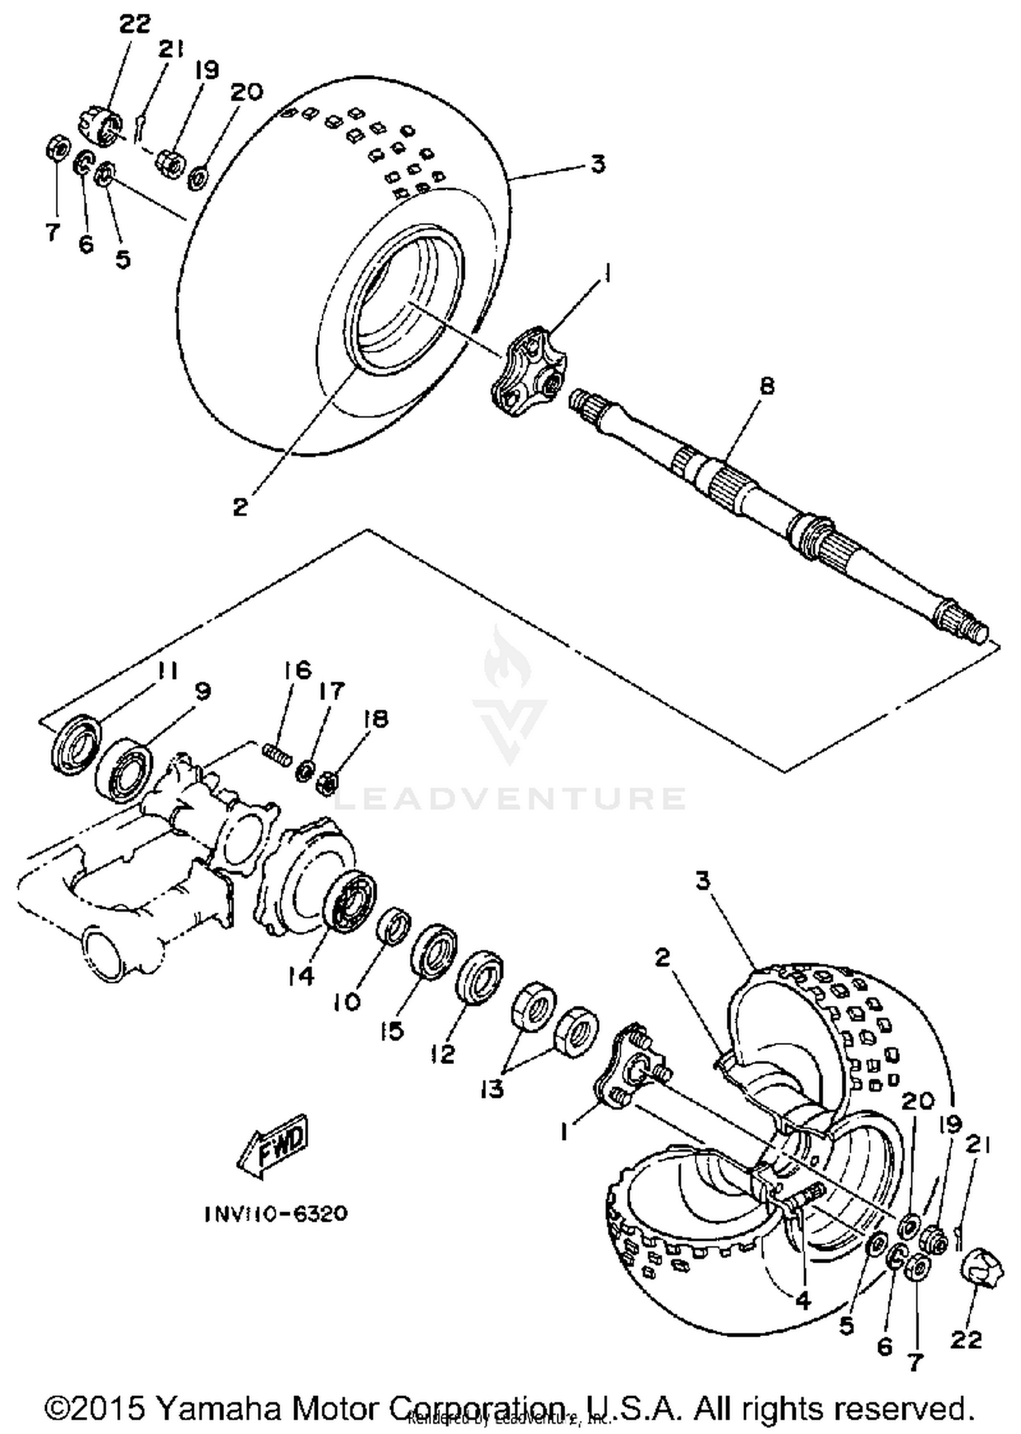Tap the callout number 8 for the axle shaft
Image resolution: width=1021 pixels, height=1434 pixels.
(767, 386)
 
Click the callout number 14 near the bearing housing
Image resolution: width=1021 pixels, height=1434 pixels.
(300, 976)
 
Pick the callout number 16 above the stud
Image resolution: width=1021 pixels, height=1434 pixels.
(297, 670)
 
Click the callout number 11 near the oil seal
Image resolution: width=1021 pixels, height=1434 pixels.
(166, 671)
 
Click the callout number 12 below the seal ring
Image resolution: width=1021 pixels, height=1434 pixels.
(442, 1054)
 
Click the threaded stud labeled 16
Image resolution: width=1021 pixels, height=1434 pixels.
(278, 754)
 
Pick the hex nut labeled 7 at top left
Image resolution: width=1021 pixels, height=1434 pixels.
(56, 147)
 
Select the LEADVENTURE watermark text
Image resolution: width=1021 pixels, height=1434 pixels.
(510, 798)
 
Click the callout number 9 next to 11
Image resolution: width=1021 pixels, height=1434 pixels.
(202, 692)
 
